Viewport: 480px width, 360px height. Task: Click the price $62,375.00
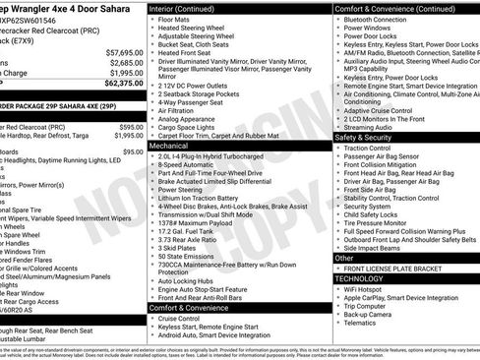pos(124,84)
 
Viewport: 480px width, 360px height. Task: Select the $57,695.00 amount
pos(125,52)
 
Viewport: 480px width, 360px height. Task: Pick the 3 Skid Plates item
pos(178,248)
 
